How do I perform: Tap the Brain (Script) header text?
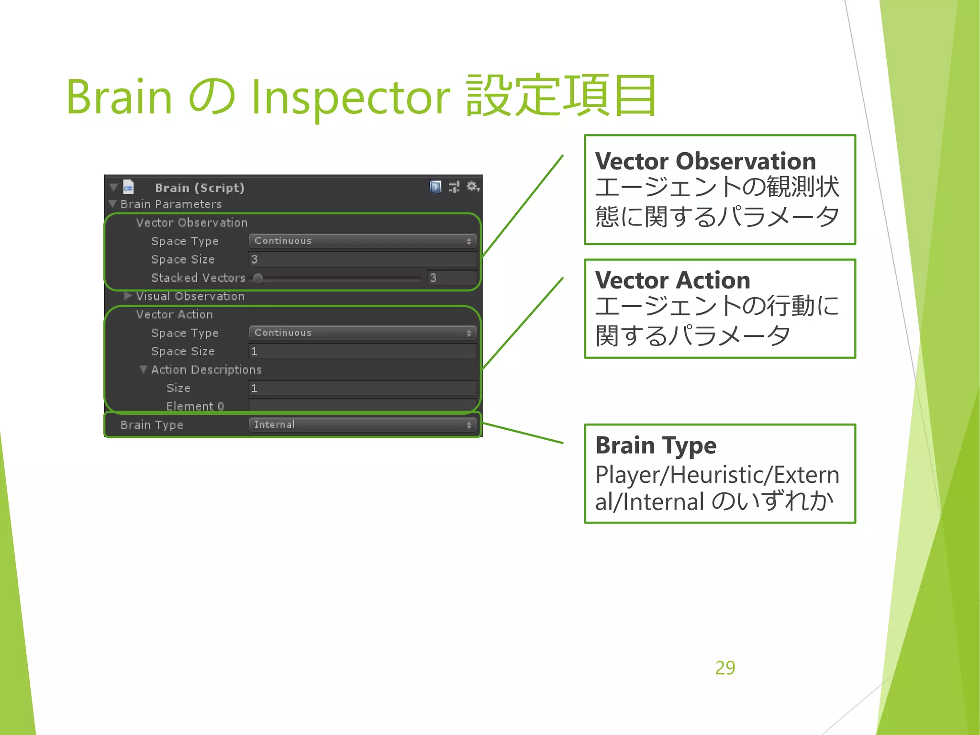point(200,188)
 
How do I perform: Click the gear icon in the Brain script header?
point(472,186)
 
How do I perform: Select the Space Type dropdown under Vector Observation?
point(362,241)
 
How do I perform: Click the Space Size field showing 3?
point(362,259)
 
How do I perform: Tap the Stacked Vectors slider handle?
point(258,278)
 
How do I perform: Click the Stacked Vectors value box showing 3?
point(451,278)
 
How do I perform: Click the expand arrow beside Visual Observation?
point(128,296)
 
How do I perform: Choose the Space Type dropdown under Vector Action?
point(362,333)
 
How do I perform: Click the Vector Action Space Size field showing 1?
point(362,351)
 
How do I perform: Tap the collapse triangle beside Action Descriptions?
point(143,369)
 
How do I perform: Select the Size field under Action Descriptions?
point(362,388)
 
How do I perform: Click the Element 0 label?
point(195,406)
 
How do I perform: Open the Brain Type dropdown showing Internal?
point(362,424)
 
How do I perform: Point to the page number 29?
point(725,668)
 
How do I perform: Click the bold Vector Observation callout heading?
point(705,161)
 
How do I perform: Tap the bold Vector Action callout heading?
point(672,280)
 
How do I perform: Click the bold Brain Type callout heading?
point(656,445)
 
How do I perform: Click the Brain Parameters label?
point(171,204)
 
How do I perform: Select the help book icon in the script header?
point(435,187)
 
